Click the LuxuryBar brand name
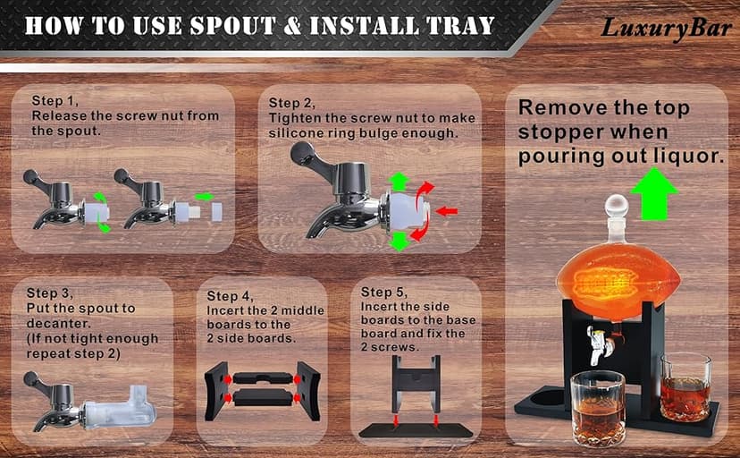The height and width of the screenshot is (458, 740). [x=666, y=28]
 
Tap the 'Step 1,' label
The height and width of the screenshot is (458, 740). [x=55, y=100]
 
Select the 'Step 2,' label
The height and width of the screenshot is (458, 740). [x=291, y=103]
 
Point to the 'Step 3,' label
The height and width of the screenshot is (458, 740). [x=49, y=293]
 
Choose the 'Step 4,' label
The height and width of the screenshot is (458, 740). [x=230, y=296]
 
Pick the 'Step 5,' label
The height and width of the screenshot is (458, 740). [x=383, y=293]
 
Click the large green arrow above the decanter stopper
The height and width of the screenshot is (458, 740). [x=654, y=193]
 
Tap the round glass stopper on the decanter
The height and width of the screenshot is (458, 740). [x=617, y=207]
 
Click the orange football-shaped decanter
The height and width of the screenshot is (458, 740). [x=618, y=279]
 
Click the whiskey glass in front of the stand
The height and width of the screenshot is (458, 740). [x=598, y=409]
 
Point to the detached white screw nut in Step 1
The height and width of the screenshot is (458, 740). [x=216, y=212]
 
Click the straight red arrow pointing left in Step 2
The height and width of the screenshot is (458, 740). [x=447, y=211]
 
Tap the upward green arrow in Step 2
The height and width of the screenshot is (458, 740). [x=399, y=182]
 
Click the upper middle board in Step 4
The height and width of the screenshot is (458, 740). [x=263, y=378]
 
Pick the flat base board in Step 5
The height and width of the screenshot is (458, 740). [x=416, y=430]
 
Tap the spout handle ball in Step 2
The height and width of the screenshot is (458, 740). [x=299, y=151]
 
